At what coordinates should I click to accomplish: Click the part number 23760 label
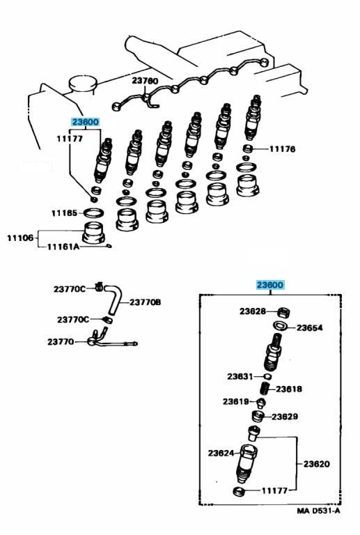(x=146, y=82)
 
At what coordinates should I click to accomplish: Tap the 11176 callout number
(x=283, y=148)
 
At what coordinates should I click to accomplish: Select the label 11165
(x=64, y=212)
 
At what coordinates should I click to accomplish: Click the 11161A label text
(x=64, y=246)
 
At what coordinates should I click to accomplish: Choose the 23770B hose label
(x=146, y=302)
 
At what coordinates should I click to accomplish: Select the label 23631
(x=240, y=376)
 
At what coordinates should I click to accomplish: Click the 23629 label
(x=285, y=417)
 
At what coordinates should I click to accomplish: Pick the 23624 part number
(x=221, y=453)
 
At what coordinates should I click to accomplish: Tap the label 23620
(x=316, y=464)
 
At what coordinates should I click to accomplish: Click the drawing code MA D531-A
(x=318, y=511)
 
